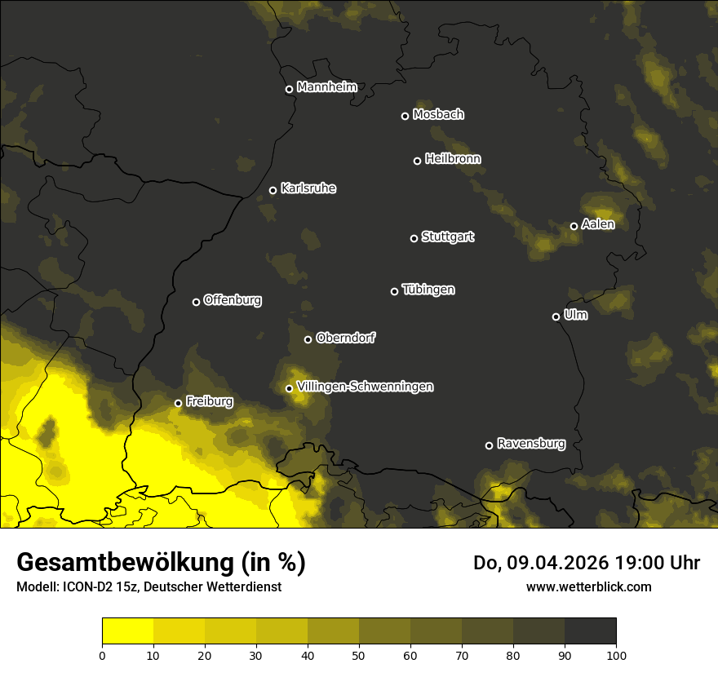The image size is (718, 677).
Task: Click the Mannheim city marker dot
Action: click(289, 90)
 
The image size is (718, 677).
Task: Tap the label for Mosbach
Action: click(438, 115)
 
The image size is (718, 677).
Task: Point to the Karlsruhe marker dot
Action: click(273, 191)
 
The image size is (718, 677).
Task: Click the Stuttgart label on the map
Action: click(447, 237)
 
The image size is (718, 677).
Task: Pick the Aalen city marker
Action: click(574, 226)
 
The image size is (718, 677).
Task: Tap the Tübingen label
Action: click(428, 290)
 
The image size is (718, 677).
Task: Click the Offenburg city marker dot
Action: click(196, 302)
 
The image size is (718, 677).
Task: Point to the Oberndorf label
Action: click(345, 338)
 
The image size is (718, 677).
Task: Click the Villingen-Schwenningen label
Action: click(366, 387)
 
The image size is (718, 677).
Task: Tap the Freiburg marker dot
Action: click(178, 403)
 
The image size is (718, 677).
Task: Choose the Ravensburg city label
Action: click(530, 444)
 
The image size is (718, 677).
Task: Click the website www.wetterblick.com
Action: click(588, 586)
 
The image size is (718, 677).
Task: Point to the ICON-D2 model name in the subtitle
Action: click(85, 587)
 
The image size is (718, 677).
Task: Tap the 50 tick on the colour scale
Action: click(359, 654)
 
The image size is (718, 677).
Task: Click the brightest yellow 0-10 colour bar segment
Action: click(128, 631)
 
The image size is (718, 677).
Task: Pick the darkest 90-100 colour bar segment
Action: click(590, 631)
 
